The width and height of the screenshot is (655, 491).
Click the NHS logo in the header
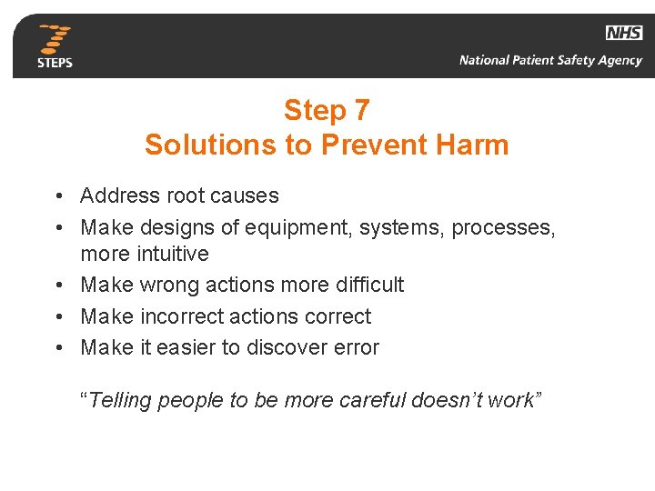(623, 33)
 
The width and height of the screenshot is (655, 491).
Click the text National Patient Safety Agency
(550, 61)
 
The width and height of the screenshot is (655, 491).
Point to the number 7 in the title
(361, 110)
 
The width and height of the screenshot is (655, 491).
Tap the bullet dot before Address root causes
(57, 196)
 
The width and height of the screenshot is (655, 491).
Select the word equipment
(307, 227)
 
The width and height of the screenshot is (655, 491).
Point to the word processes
(506, 227)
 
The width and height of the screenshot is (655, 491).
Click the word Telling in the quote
(121, 401)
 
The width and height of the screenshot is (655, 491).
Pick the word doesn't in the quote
(448, 401)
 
